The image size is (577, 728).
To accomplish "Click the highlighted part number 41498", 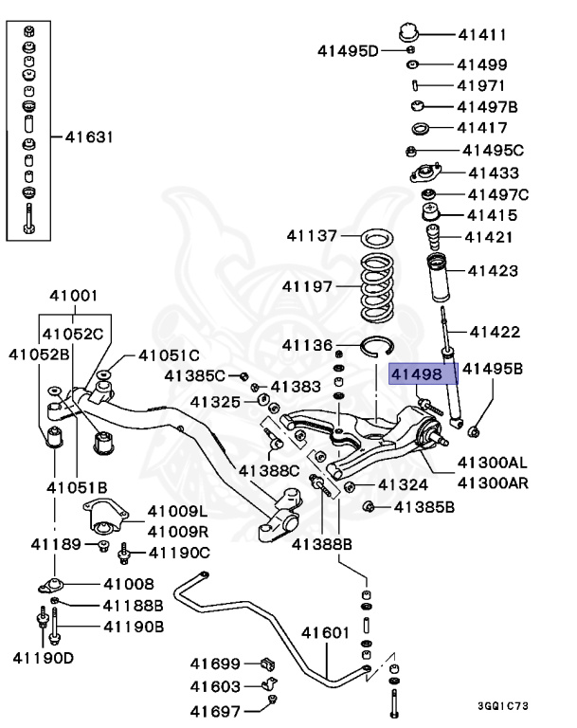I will coord(417,374).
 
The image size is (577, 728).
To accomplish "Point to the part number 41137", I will coord(313,235).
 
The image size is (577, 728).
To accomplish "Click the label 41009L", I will coord(176,513).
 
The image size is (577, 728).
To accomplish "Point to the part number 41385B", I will coord(424,507).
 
